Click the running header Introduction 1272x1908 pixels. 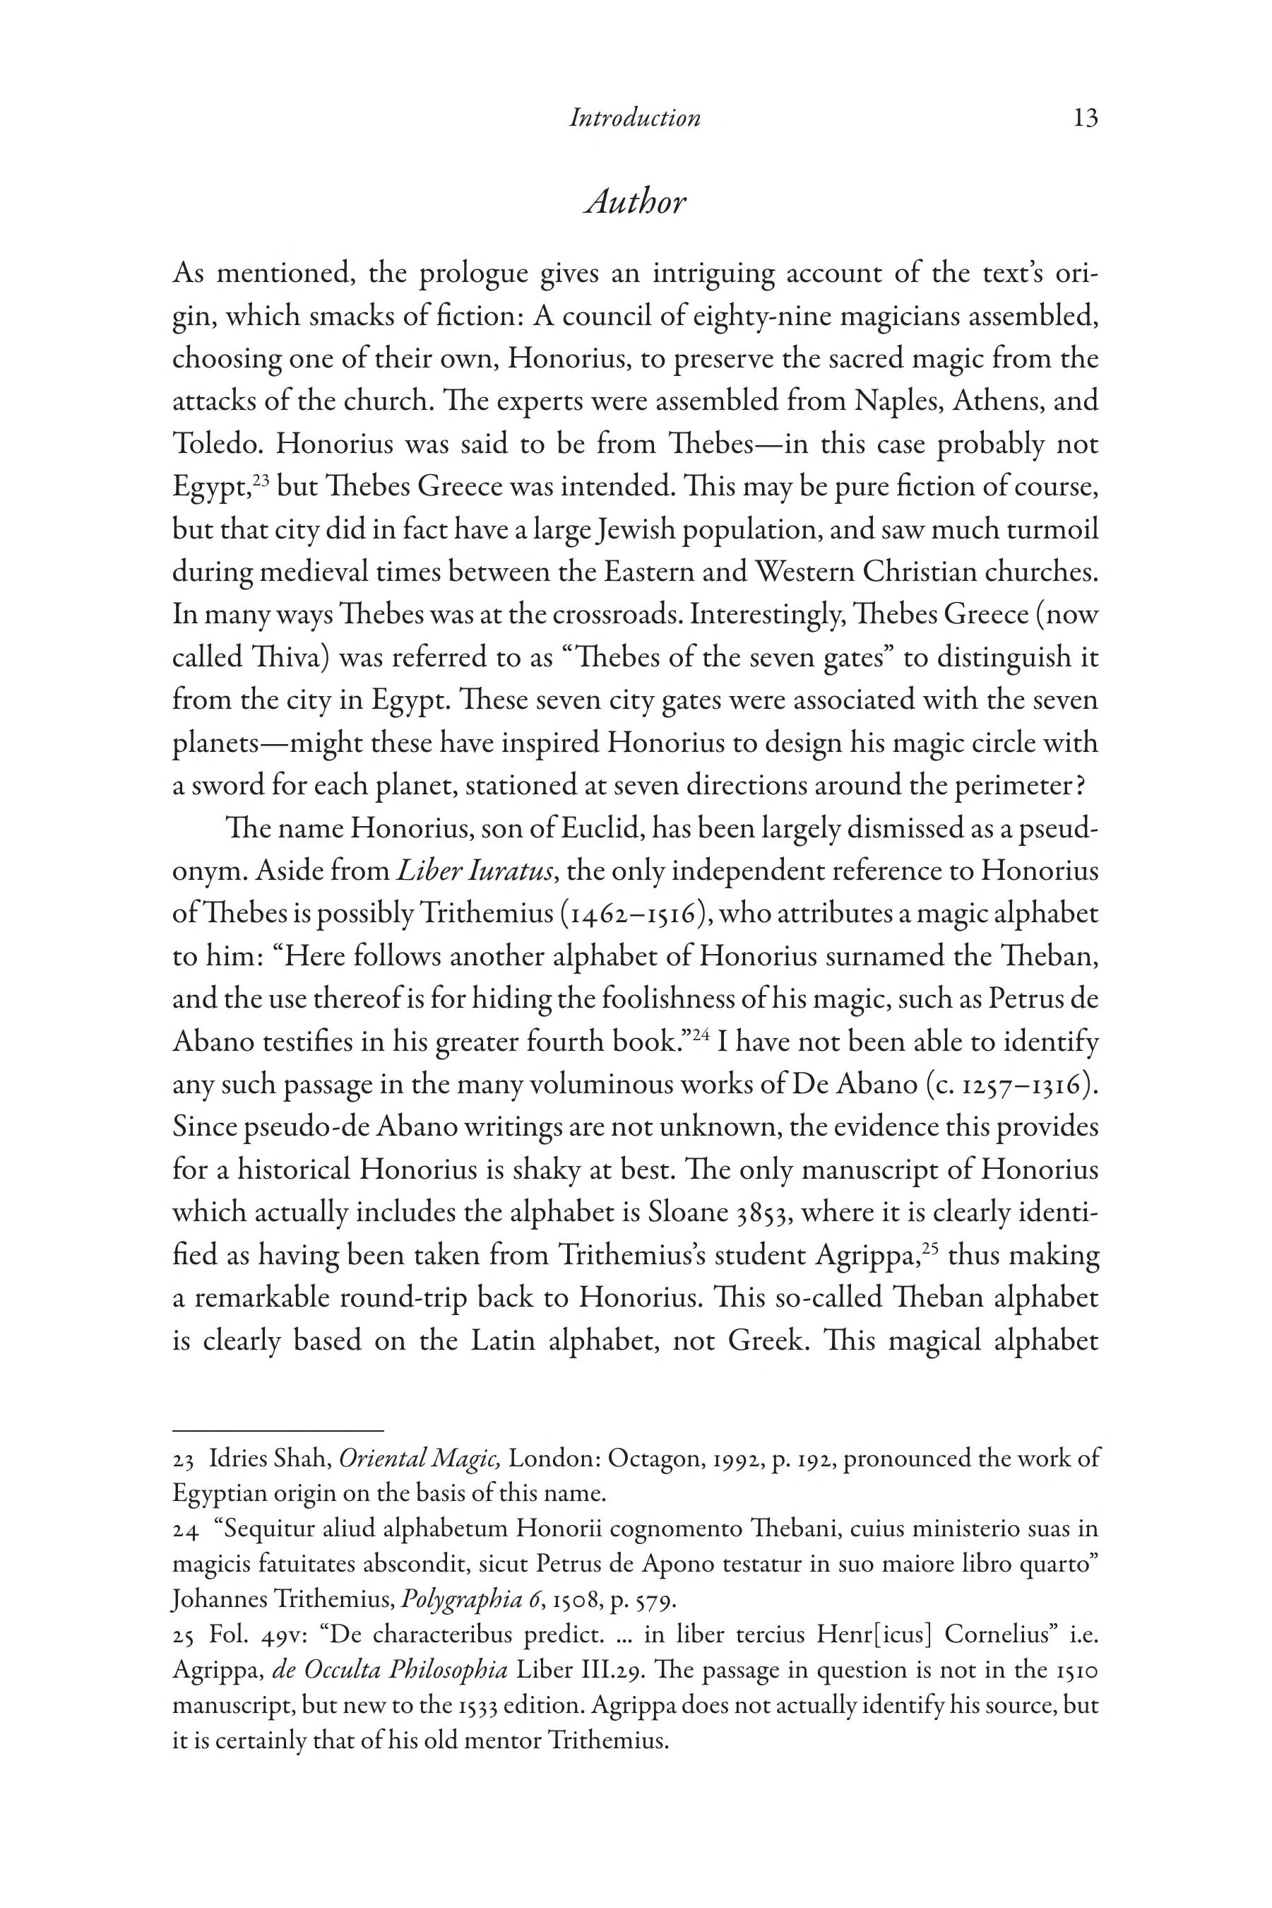tap(634, 119)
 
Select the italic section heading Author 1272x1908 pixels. tap(635, 202)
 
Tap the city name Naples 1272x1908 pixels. tap(889, 401)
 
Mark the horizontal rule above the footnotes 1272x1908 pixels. tap(278, 1431)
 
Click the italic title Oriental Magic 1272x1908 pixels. tap(420, 1459)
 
